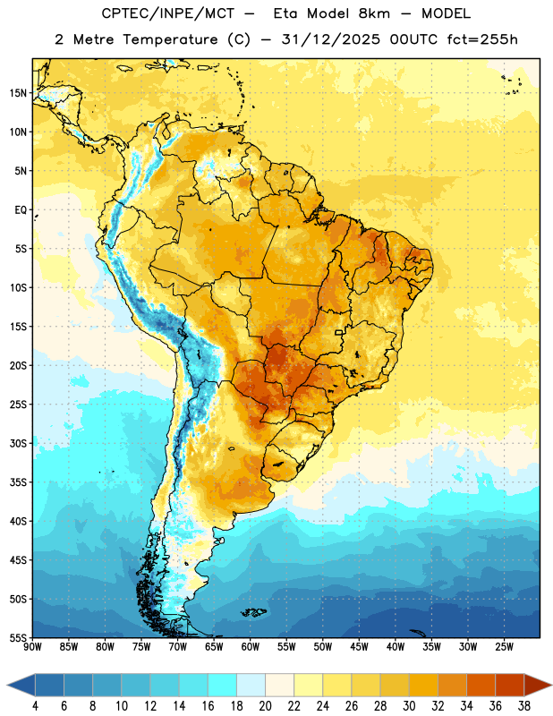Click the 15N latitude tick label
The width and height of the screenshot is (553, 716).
(18, 93)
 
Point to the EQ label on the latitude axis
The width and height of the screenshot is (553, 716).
(21, 210)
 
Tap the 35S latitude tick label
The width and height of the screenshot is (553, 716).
(18, 482)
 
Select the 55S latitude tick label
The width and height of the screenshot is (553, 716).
(18, 637)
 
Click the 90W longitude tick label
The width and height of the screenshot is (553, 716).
(32, 647)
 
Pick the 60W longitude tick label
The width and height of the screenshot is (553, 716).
(251, 647)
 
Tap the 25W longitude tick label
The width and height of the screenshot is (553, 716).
(504, 647)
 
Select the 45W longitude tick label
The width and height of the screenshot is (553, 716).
(359, 647)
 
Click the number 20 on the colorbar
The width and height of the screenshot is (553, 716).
(265, 706)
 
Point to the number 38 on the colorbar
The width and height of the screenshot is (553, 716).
(524, 706)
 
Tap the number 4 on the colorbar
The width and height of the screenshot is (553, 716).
(35, 706)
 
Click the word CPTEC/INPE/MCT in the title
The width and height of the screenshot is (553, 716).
(167, 13)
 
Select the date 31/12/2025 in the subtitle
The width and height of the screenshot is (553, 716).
(330, 39)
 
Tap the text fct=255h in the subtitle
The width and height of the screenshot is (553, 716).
(482, 39)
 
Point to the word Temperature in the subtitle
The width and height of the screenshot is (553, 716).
(170, 40)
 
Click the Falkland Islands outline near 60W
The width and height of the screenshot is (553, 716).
(254, 612)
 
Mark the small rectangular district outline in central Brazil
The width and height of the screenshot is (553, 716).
(339, 332)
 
